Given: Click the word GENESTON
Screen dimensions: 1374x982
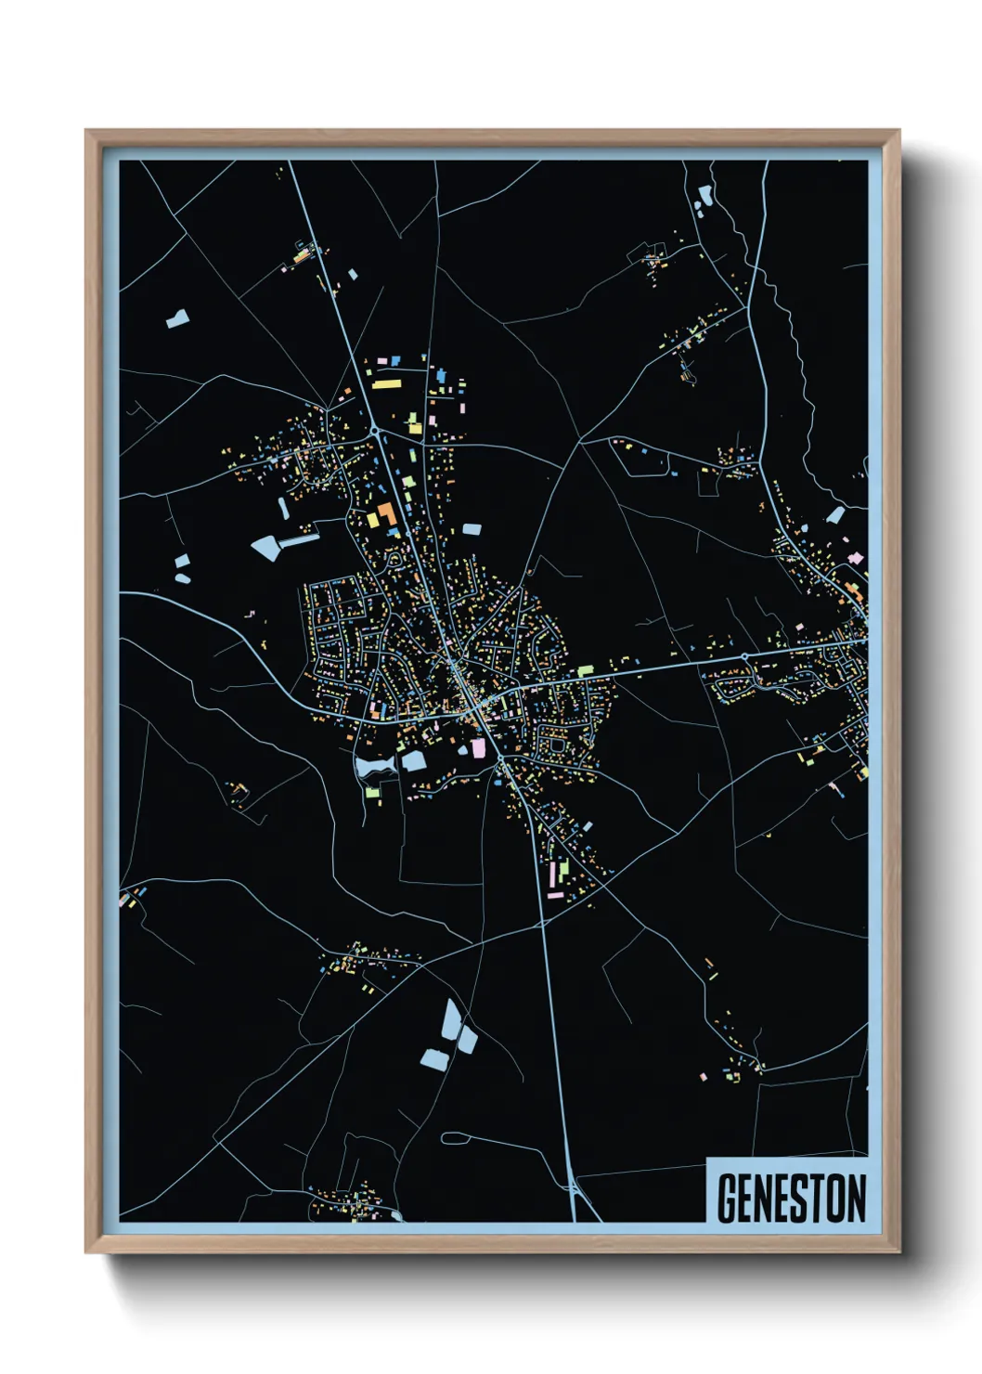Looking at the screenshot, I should pos(792,1198).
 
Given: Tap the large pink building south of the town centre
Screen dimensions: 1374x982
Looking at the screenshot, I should pos(479,747).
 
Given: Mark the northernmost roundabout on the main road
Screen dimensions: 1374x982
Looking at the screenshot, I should pos(374,431).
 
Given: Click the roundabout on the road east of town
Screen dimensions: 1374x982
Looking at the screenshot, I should pos(744,657).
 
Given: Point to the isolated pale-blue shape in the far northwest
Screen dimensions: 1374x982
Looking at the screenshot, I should pos(177,319).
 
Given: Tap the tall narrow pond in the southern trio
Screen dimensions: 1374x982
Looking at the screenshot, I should pos(451,1018).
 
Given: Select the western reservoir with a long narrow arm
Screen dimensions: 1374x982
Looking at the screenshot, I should pos(269,546).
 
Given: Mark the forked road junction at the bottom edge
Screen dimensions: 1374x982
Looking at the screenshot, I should pos(575,1193).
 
